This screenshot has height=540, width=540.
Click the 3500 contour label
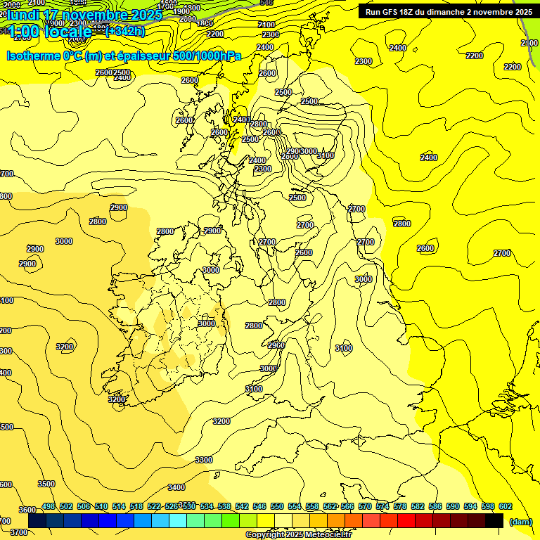click(x=46, y=484)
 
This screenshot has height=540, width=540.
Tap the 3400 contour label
click(x=176, y=487)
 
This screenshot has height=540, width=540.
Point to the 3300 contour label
click(x=204, y=460)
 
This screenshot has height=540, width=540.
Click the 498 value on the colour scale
click(x=49, y=506)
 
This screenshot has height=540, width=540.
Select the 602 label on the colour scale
click(x=505, y=506)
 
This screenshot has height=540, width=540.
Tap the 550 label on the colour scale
click(x=277, y=506)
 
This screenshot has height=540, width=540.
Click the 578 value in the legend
click(x=399, y=506)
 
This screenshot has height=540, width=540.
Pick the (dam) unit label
click(x=520, y=521)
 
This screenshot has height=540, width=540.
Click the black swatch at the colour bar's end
click(x=494, y=520)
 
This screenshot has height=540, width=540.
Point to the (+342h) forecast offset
click(x=124, y=31)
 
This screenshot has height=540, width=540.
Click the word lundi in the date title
click(x=24, y=15)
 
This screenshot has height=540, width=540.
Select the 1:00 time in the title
click(x=24, y=32)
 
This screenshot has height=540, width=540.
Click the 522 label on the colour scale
click(x=154, y=506)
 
